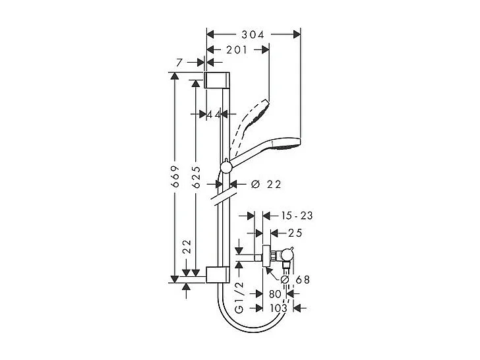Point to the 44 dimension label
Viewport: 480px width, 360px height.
(x=213, y=114)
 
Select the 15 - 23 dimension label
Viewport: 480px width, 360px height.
(x=296, y=216)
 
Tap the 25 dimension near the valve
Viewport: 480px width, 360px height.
(x=295, y=233)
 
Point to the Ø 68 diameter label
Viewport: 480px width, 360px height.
(x=295, y=280)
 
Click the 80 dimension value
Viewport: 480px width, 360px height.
(x=276, y=295)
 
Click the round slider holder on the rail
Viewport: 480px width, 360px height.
(x=225, y=169)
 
